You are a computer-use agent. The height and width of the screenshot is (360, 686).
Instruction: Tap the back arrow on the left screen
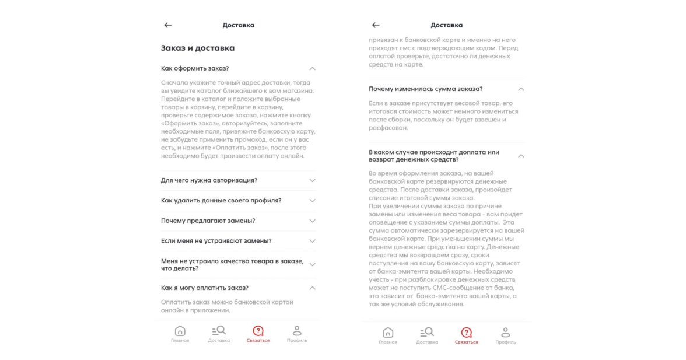pos(168,25)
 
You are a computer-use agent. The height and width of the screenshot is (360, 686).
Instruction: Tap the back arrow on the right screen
pos(376,25)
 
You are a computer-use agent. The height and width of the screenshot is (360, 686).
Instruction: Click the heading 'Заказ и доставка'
pos(198,48)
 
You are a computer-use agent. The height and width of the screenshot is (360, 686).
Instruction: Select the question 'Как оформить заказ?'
pos(195,68)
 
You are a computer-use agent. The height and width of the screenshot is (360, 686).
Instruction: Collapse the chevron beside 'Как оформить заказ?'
pos(313,69)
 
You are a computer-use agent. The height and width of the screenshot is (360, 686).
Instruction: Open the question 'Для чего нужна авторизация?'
pos(209,180)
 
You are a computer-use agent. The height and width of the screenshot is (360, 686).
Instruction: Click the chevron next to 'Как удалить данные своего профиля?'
pos(313,201)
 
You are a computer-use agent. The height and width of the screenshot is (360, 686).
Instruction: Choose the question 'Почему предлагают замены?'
pos(208,221)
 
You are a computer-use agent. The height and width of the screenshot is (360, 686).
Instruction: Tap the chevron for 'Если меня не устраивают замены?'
pos(313,241)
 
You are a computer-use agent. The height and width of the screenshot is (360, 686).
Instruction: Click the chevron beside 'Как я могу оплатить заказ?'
pos(313,288)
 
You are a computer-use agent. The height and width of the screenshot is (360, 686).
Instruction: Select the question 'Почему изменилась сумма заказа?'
pos(426,89)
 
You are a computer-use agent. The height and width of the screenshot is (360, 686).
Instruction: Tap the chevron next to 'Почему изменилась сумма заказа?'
pos(521,89)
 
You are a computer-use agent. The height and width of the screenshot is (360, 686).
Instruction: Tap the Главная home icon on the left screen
pos(180,331)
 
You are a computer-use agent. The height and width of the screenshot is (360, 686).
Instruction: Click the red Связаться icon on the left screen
pos(258,331)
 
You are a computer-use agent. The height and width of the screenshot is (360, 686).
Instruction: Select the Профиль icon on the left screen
pos(297,331)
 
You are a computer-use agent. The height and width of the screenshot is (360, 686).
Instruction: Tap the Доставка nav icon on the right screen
pos(427,333)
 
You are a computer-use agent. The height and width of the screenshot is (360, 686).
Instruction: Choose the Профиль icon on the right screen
pos(506,333)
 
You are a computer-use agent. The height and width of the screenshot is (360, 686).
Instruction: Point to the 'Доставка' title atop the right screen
pos(446,25)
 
